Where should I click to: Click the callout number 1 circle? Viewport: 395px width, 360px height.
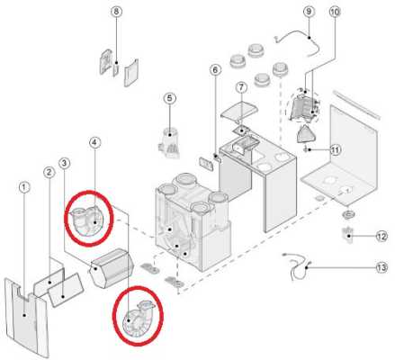24,187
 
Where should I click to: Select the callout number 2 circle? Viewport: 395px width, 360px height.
49,172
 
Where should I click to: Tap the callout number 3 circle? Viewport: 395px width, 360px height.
64,163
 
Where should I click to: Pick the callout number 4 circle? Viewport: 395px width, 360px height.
94,142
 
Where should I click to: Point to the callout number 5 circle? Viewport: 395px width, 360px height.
170,98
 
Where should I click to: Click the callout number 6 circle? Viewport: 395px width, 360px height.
215,70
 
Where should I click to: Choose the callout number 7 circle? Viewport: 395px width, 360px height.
241,87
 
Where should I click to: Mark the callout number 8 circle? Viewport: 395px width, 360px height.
116,12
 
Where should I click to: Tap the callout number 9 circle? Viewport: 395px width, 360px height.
309,12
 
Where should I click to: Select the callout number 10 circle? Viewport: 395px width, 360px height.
335,12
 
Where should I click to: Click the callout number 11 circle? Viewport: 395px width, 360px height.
336,149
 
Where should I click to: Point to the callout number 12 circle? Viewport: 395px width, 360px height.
382,237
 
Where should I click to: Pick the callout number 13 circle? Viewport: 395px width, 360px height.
382,267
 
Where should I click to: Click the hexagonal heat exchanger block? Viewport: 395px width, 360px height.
112,267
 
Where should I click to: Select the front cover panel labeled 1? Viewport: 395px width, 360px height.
26,318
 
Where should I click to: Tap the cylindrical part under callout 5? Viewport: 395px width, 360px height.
170,142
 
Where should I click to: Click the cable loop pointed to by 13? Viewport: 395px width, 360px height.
297,267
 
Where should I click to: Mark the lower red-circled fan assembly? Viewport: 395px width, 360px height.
138,319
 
